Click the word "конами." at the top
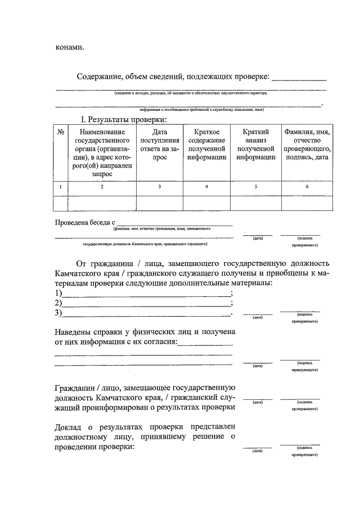[x=69, y=47]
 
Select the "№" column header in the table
[x=60, y=132]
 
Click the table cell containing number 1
[x=60, y=186]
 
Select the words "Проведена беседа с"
[x=84, y=222]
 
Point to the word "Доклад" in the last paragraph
[x=69, y=426]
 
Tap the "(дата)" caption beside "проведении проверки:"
[x=258, y=451]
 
